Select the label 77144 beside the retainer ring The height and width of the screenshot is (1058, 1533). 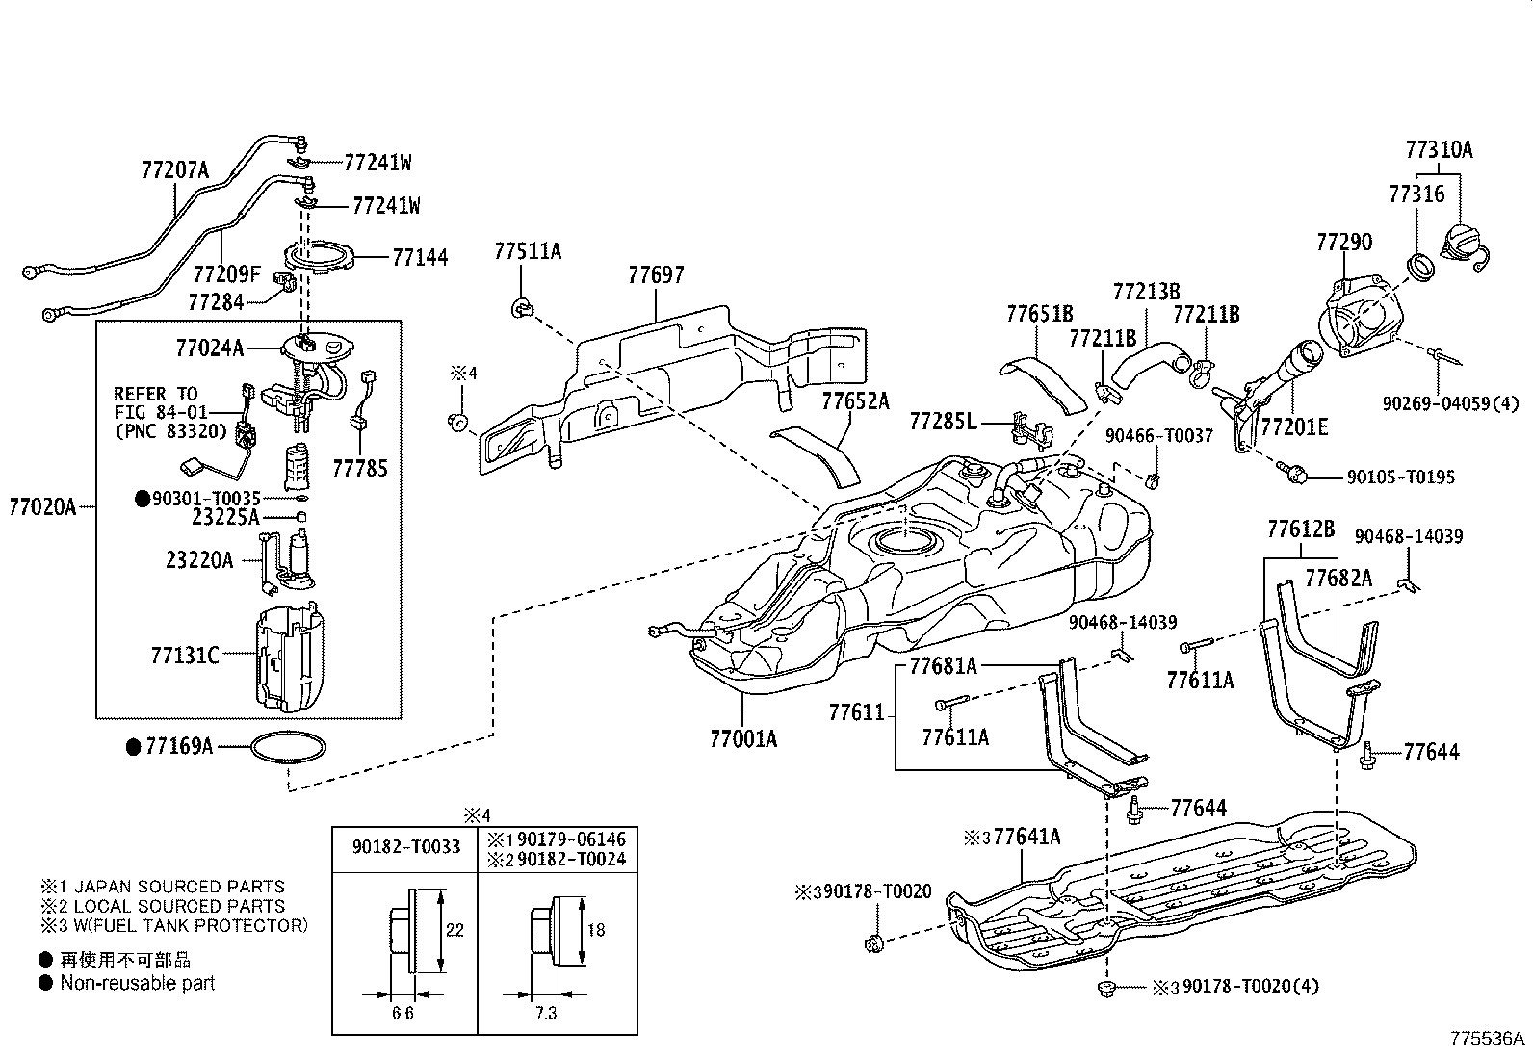420,258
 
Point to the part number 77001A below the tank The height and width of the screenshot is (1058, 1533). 743,739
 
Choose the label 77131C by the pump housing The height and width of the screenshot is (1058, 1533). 185,656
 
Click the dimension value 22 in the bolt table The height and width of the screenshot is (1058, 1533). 455,930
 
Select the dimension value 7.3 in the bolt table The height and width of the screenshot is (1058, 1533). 545,1014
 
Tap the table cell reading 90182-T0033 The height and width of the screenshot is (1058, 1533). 405,847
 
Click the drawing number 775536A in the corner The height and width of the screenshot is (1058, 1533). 1489,1039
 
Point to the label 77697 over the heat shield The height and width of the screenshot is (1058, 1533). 656,275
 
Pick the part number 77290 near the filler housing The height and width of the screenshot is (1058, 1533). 1344,243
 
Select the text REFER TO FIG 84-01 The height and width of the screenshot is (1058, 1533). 156,403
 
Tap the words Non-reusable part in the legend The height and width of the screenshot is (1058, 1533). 138,983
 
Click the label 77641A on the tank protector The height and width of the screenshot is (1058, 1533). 1026,837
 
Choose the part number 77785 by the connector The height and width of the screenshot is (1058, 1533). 360,469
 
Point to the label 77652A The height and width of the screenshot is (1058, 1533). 855,400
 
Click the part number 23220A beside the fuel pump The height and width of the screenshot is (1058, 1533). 199,559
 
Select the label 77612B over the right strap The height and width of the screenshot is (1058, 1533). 1301,529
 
